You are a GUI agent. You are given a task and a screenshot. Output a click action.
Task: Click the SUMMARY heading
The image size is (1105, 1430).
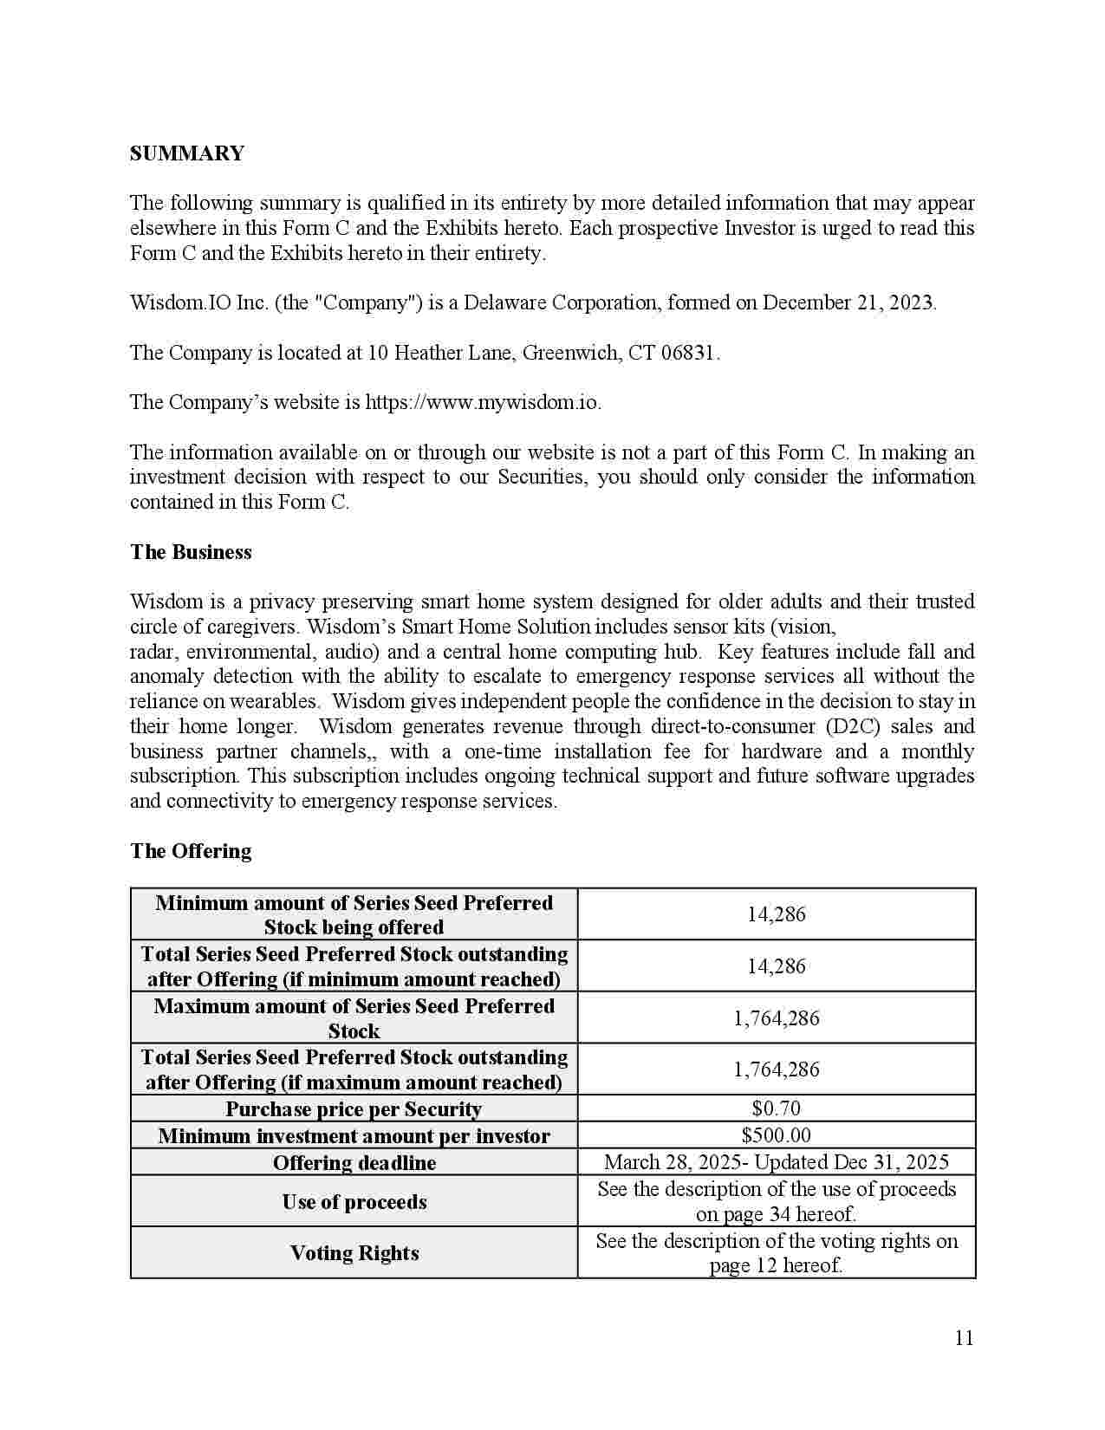[x=186, y=153]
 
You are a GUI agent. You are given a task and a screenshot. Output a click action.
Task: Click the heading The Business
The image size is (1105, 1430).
[x=191, y=552]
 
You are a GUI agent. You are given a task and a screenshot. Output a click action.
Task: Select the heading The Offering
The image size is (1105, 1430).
[x=191, y=851]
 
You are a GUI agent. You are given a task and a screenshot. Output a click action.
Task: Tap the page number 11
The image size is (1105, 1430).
[x=964, y=1338]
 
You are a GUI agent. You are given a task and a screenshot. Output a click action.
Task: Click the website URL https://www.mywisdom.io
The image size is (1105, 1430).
[x=482, y=402]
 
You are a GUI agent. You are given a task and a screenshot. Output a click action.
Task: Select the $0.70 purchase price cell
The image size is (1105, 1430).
[x=776, y=1108]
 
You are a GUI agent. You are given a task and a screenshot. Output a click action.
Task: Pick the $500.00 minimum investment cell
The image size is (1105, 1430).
[x=776, y=1135]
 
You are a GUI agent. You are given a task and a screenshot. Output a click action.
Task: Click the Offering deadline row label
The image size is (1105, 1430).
[x=354, y=1163]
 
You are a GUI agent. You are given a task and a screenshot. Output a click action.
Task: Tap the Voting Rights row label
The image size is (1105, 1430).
[x=354, y=1253]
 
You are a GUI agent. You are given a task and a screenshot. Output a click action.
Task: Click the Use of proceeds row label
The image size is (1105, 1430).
[x=354, y=1202]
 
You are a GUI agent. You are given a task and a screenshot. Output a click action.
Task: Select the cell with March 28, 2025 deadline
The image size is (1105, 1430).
[x=776, y=1162]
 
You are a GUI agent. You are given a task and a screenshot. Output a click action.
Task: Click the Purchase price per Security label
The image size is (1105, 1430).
[x=354, y=1109]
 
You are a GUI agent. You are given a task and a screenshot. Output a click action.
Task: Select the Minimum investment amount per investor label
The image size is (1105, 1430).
[x=354, y=1136]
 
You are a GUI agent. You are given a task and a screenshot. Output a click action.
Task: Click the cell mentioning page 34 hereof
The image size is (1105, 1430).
[x=776, y=1201]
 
